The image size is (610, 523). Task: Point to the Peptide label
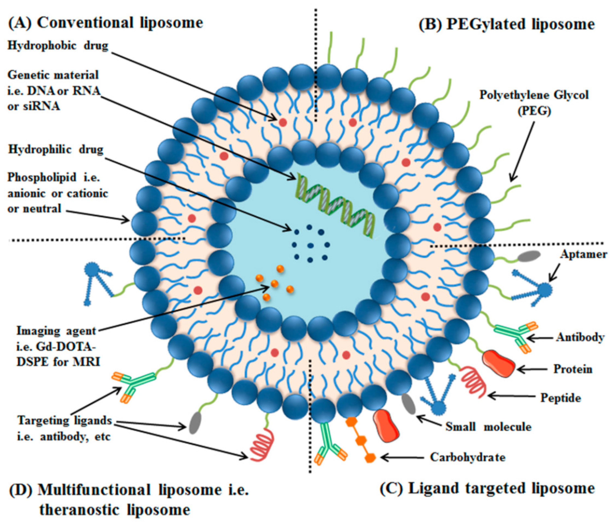coord(561,398)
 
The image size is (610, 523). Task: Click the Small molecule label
coord(488,427)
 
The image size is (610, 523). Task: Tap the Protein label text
coord(573,369)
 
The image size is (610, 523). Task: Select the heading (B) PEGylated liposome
coord(506,24)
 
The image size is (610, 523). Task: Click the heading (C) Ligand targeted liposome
coord(487,489)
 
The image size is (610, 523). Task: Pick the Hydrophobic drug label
coord(58,46)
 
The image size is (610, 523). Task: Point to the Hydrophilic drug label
coord(56,150)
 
